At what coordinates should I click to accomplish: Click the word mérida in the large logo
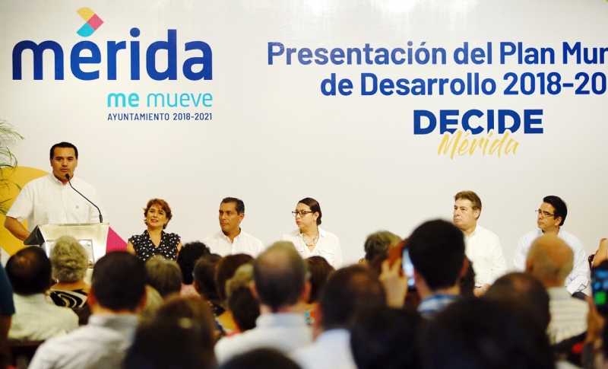tap(112, 55)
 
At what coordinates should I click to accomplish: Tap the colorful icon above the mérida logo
tap(90, 21)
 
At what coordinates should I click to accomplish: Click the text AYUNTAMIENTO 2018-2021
tap(160, 117)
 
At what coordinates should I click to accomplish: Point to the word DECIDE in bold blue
tap(478, 122)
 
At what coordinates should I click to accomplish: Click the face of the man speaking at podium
tap(64, 161)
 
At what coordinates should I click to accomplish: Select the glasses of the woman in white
tap(302, 212)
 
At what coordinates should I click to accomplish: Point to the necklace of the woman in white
tap(309, 239)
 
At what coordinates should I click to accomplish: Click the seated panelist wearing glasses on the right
tap(551, 232)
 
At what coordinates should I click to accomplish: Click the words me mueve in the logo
tap(160, 100)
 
